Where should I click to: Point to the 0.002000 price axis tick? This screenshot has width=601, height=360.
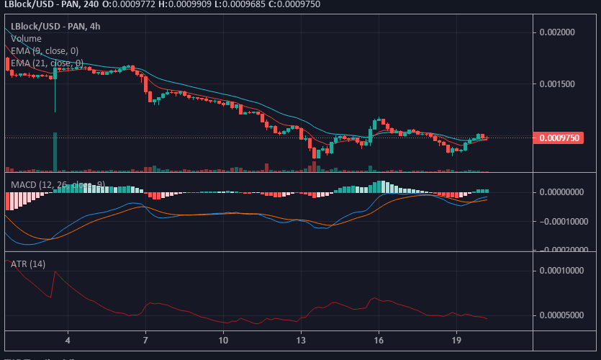point(560,32)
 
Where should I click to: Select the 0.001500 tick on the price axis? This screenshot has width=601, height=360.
point(560,84)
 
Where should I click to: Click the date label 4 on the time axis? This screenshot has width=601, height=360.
point(68,339)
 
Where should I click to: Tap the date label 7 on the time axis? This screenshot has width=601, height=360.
point(145,339)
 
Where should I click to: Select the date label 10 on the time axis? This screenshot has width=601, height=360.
point(223,339)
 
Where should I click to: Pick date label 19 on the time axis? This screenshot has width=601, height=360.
point(456,339)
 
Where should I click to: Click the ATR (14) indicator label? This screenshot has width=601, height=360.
point(28,264)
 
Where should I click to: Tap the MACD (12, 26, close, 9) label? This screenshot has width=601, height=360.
point(58,185)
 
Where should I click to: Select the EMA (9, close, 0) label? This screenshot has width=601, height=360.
point(45,50)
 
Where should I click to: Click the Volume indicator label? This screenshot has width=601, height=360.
point(26,38)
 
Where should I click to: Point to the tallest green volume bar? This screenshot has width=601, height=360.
point(55,152)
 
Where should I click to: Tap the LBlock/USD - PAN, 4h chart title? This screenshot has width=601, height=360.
point(54,26)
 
